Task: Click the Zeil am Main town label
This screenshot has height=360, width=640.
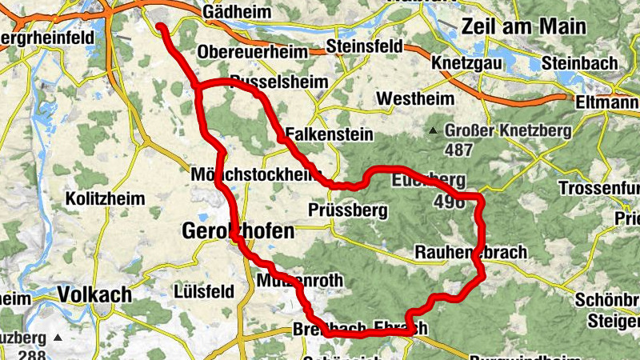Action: pyautogui.click(x=523, y=26)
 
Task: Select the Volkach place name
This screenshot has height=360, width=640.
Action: pyautogui.click(x=94, y=294)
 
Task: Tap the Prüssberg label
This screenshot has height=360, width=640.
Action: pyautogui.click(x=347, y=211)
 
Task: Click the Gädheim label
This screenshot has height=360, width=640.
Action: pyautogui.click(x=234, y=15)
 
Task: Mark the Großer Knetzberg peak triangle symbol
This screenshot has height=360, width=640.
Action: pyautogui.click(x=433, y=130)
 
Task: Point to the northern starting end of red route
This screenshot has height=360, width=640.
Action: pyautogui.click(x=160, y=28)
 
